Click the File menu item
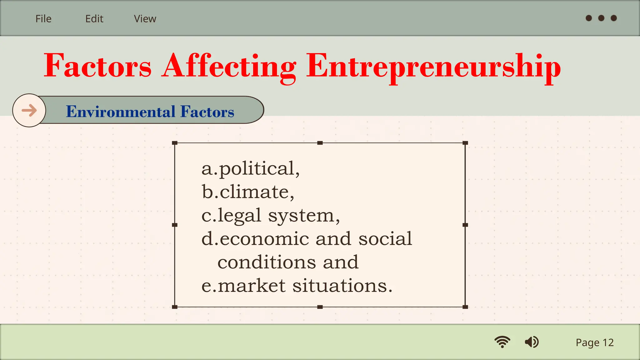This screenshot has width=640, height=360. (43, 19)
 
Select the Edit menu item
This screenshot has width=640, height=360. (94, 19)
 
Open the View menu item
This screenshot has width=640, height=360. (145, 19)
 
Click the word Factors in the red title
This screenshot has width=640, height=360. (97, 66)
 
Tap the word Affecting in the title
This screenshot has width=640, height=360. (229, 66)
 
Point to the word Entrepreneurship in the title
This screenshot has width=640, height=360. (433, 66)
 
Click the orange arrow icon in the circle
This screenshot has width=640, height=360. (29, 110)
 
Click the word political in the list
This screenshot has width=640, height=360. (257, 168)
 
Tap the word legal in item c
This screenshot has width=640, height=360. (239, 215)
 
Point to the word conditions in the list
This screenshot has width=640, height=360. (267, 262)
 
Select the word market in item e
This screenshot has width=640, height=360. (252, 285)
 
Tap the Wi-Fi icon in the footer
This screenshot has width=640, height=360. (502, 342)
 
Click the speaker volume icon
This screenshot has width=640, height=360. (532, 342)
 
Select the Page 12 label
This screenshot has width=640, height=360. (595, 342)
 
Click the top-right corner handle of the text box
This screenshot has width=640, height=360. (465, 143)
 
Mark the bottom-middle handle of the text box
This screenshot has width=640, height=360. (320, 307)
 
